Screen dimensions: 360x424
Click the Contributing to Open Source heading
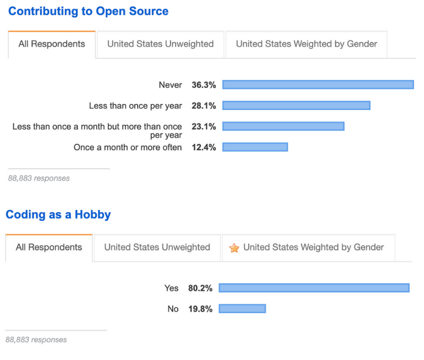coord(88,11)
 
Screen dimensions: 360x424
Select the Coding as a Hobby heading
coord(58,215)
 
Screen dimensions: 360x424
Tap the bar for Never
coord(318,85)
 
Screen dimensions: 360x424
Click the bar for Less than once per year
coord(296,106)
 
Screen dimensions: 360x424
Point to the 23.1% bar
coord(283,126)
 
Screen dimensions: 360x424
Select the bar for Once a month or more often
coord(255,147)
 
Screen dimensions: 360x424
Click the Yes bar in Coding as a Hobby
coord(314,288)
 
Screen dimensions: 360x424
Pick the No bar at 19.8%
coord(242,309)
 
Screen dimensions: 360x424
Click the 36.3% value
coord(204,85)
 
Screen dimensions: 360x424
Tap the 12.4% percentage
coord(204,147)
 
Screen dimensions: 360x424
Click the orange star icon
coord(234,248)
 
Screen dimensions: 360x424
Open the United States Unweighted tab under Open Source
coord(160,44)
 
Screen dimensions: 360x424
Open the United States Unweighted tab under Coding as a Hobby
coord(157,248)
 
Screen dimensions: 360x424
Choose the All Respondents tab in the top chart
coord(51,44)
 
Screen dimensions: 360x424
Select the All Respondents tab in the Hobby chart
coord(48,248)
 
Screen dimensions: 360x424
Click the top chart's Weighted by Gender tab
coord(306,44)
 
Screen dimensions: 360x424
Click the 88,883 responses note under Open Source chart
coord(39,178)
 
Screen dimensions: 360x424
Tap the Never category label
coord(170,85)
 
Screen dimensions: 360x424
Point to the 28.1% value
coord(204,106)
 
